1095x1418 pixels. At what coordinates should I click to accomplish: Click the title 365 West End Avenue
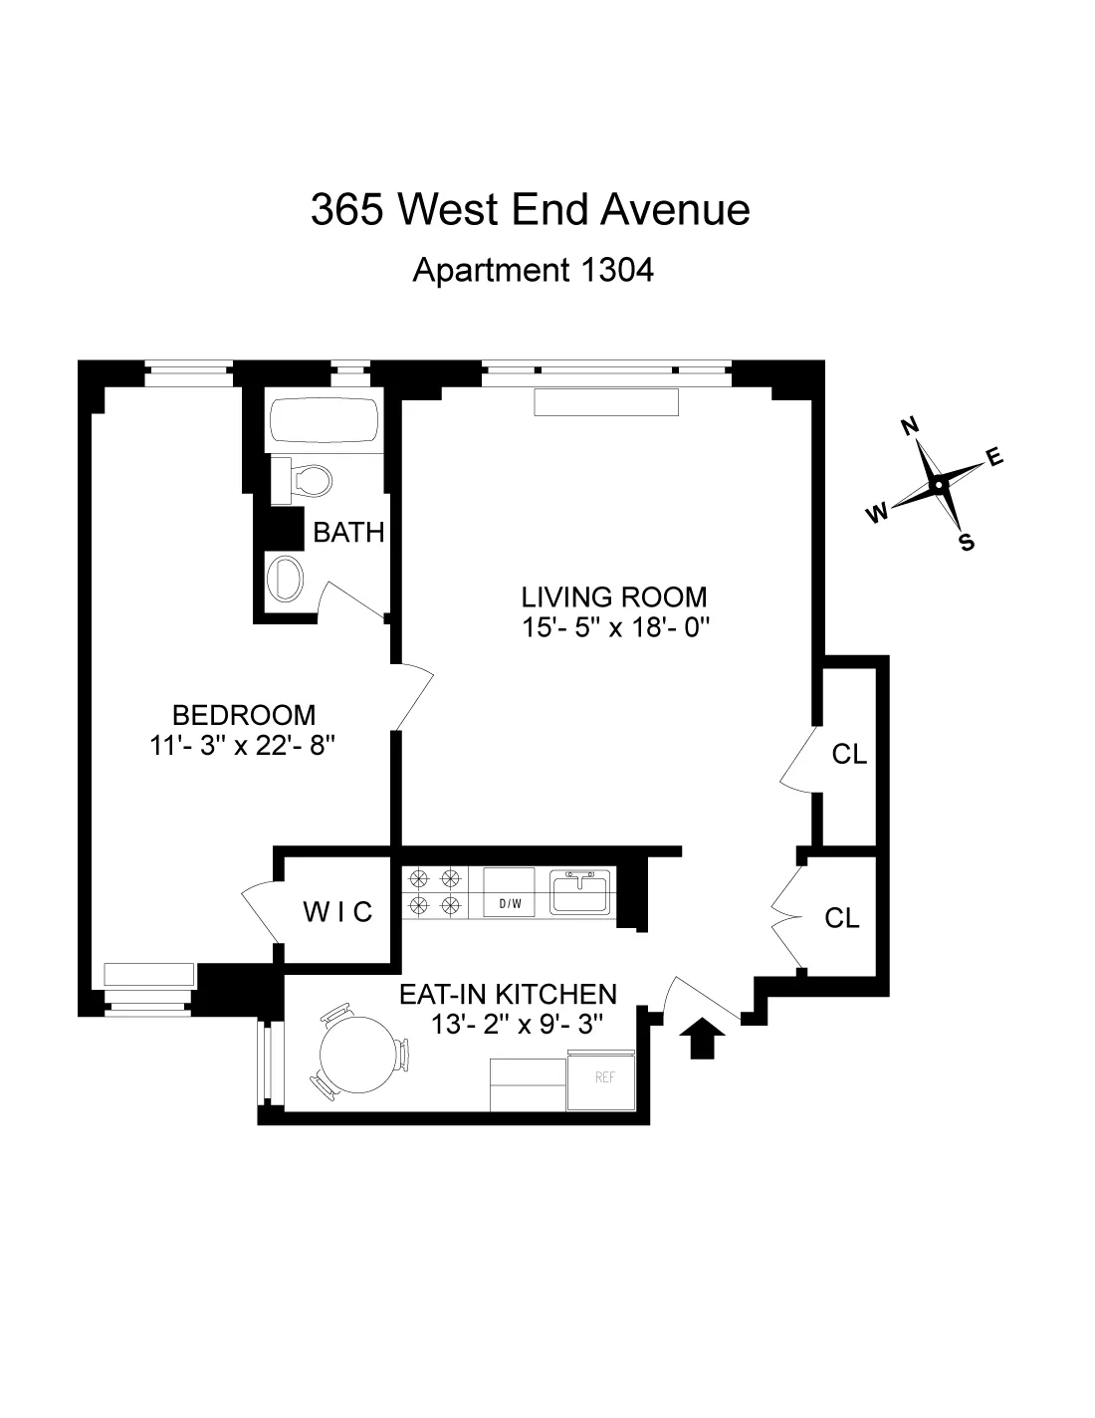tap(530, 210)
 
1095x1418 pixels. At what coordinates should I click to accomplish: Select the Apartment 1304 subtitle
tap(533, 270)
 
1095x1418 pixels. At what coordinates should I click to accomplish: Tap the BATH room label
tap(348, 533)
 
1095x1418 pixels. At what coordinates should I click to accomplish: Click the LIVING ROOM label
tap(614, 597)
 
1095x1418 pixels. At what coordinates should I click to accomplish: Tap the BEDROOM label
tap(244, 715)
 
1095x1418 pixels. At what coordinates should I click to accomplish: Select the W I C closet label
tap(337, 911)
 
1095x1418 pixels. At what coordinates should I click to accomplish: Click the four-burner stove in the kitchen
tap(435, 891)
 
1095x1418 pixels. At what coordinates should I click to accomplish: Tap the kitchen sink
tap(580, 890)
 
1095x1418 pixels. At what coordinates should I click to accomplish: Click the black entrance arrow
tap(704, 1038)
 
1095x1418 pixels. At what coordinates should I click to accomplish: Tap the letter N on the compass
tap(908, 426)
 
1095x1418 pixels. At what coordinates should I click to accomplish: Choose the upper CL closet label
tap(849, 755)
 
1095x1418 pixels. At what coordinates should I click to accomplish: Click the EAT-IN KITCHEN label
tap(508, 994)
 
